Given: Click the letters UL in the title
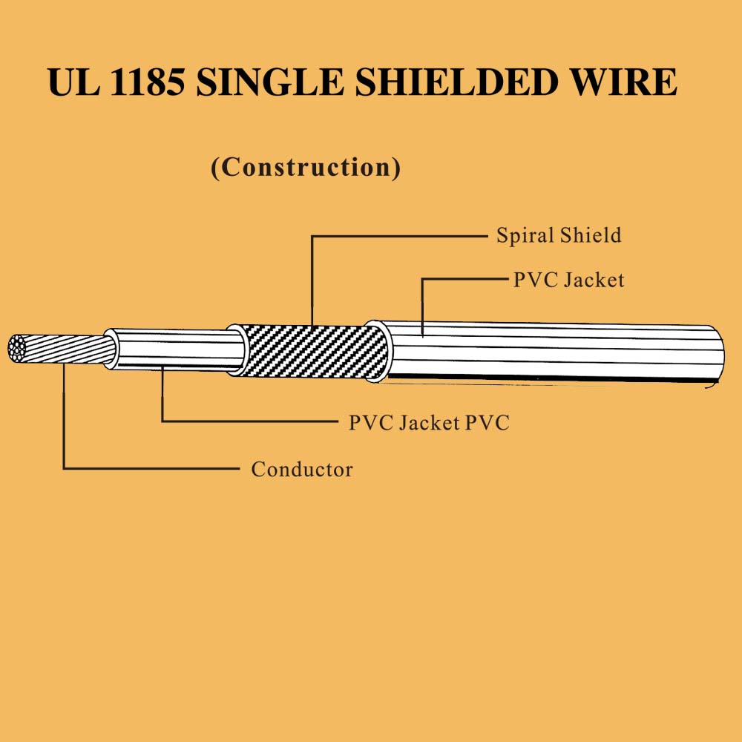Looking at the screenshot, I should (x=73, y=82).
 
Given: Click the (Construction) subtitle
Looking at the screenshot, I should (x=306, y=167).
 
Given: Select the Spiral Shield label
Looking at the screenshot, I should (x=558, y=236).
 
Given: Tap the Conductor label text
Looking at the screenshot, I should (x=302, y=470).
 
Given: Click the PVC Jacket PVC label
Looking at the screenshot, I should (x=429, y=423).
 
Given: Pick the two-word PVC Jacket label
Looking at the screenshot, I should (x=568, y=280).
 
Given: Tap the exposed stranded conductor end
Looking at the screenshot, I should (x=63, y=349).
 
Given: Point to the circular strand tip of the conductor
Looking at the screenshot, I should (x=17, y=349).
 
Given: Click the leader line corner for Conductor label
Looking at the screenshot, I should (x=64, y=469).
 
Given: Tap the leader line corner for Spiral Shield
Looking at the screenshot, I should (x=312, y=237).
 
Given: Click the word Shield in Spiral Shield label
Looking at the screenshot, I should (x=591, y=236).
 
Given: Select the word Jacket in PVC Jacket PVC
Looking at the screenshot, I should (x=429, y=423).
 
